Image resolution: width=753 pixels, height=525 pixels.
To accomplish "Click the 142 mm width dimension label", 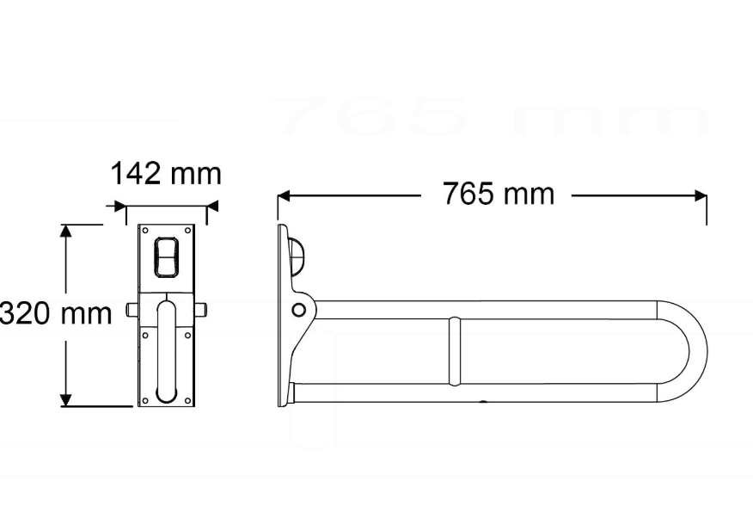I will click(165, 174).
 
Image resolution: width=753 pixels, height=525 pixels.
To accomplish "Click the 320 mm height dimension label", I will click(57, 313).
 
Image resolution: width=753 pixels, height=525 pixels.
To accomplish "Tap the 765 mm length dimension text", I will click(499, 195).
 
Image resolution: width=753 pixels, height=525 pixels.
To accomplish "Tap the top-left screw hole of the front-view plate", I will click(144, 231).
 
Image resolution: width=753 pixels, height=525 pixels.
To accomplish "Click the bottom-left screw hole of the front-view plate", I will click(144, 400).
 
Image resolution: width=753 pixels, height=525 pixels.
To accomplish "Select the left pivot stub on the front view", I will click(132, 309).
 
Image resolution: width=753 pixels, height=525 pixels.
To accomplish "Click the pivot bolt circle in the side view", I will click(298, 309).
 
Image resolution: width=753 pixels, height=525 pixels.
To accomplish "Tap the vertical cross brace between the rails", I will click(455, 351).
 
